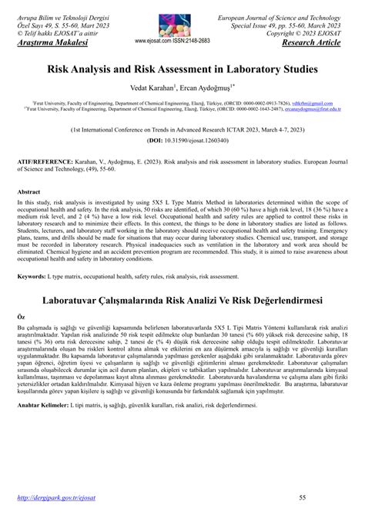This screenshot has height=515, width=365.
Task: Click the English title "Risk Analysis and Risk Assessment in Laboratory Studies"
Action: [182, 68]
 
